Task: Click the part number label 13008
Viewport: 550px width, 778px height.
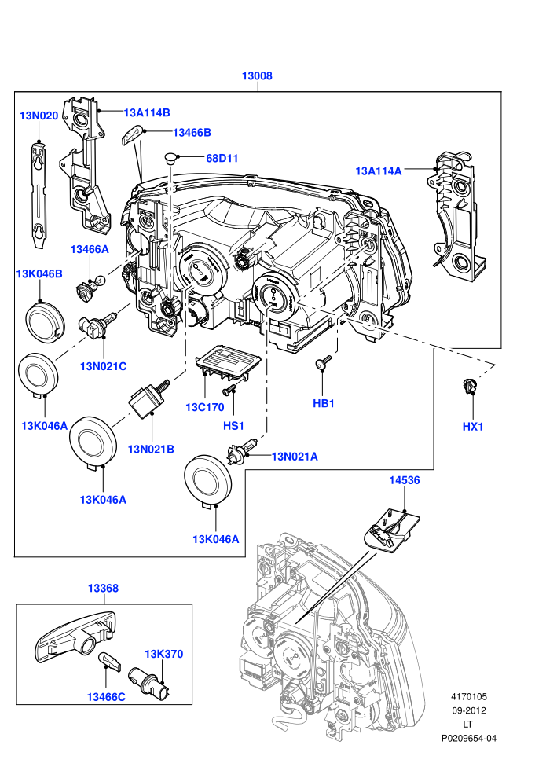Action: [x=257, y=76]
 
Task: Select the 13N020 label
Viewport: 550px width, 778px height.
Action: [x=38, y=116]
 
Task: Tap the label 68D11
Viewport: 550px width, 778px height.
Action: [x=222, y=158]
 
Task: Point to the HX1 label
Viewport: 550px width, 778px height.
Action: [x=473, y=427]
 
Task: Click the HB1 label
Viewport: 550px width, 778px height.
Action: [x=324, y=403]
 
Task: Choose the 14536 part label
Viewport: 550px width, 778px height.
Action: [x=404, y=480]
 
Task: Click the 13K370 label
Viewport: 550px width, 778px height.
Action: [x=163, y=654]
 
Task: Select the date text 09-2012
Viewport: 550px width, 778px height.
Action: [x=468, y=710]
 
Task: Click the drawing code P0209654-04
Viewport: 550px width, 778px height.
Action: [x=468, y=738]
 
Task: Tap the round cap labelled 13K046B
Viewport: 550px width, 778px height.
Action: [x=45, y=321]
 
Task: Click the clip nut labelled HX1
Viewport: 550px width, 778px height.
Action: [x=469, y=386]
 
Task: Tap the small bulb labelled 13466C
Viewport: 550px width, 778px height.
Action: [x=109, y=660]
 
